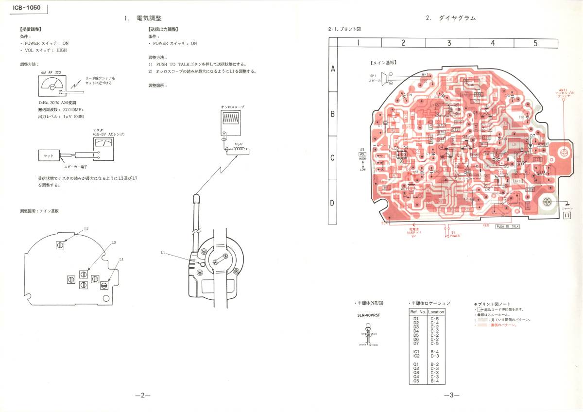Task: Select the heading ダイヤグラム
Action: (x=457, y=18)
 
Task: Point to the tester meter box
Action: (x=103, y=144)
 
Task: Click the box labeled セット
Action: (x=49, y=156)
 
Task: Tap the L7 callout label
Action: (x=86, y=228)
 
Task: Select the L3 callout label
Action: (x=113, y=242)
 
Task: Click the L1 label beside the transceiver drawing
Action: (x=163, y=252)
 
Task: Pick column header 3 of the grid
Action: (x=449, y=43)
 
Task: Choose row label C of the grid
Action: (x=333, y=158)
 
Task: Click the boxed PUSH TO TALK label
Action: (x=507, y=226)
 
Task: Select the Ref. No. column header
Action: (x=418, y=312)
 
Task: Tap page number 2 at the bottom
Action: (x=143, y=395)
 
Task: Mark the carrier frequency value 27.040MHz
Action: (x=71, y=110)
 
